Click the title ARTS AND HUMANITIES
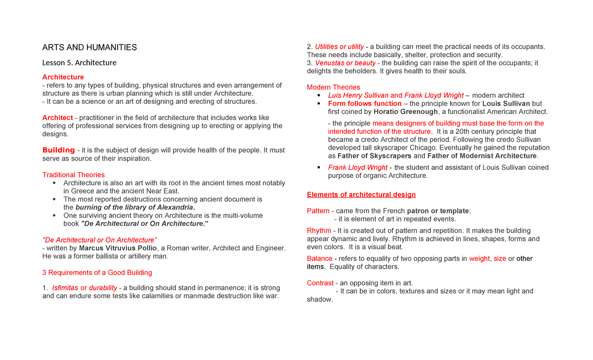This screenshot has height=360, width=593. pos(89,47)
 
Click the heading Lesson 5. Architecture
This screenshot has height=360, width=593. pos(79,63)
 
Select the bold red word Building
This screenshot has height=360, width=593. pos(58,150)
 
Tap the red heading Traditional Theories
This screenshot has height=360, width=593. pos(74,175)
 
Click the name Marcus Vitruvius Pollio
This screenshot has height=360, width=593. pos(118,248)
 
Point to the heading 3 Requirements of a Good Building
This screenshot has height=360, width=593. pos(97,273)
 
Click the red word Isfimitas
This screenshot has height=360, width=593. pos(65,288)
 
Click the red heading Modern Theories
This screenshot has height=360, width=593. pos(334,87)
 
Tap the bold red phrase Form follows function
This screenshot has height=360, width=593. pos(365,104)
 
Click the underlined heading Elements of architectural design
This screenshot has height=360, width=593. pos(361,195)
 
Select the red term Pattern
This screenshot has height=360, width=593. pos(318,211)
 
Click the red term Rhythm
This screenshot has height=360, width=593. pos(319,231)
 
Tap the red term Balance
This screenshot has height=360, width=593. pos(319,259)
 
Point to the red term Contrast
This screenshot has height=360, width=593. pos(320,283)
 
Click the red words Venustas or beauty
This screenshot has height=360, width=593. pos(345,63)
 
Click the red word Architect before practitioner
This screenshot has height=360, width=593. pos(57,118)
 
